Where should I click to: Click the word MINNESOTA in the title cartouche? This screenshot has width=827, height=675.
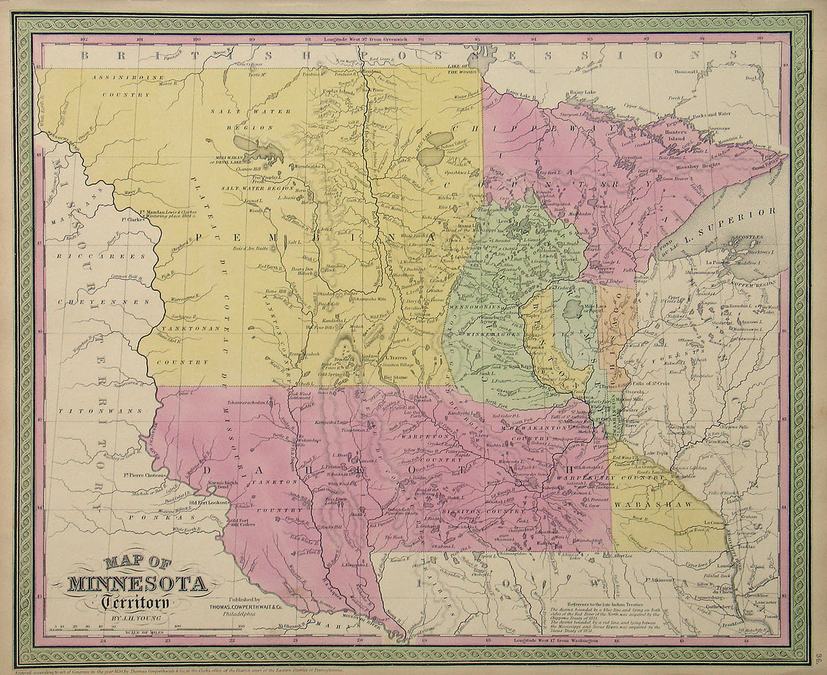(x=138, y=585)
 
